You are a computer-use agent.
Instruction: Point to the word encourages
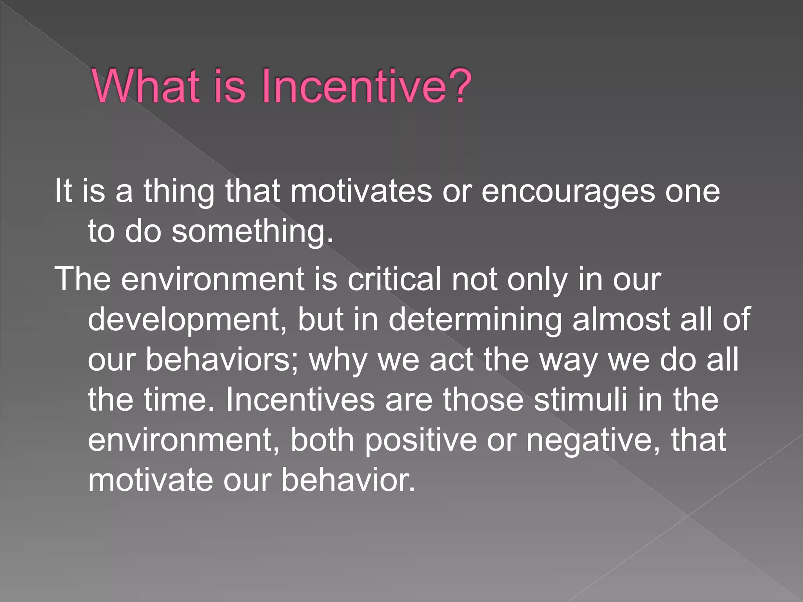[568, 192]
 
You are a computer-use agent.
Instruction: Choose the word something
[253, 232]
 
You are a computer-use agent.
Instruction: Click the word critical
[394, 279]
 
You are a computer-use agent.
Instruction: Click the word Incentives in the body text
[300, 400]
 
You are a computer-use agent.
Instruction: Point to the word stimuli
[581, 400]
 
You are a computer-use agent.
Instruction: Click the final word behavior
[348, 480]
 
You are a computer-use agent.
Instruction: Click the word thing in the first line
[179, 192]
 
